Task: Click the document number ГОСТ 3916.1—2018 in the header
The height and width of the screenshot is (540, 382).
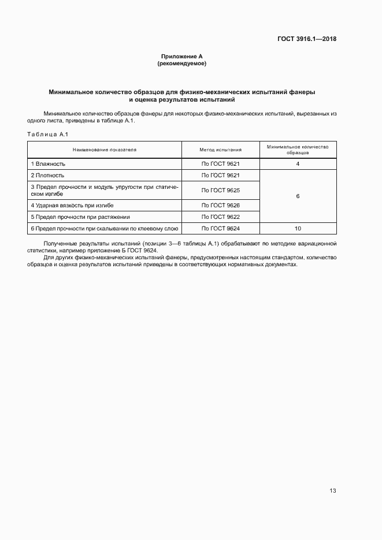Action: (307, 39)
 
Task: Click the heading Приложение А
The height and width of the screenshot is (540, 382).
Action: (181, 56)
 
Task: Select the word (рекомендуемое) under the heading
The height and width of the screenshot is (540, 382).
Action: (181, 64)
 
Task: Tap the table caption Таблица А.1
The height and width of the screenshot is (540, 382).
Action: (48, 135)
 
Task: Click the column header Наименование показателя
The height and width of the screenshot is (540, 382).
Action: (105, 150)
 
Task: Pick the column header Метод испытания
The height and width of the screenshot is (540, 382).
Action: (220, 150)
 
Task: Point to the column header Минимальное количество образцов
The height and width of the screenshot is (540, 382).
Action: (298, 150)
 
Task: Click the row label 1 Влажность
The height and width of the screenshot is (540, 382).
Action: (48, 164)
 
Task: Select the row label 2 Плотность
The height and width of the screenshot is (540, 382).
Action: (48, 175)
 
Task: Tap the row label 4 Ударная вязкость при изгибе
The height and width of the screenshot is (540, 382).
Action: (72, 206)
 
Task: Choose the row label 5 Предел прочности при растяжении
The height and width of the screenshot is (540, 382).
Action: (80, 217)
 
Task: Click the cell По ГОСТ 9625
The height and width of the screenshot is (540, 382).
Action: (220, 190)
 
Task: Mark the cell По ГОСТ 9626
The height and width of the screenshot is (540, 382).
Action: (220, 206)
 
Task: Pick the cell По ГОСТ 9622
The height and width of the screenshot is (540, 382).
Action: (220, 217)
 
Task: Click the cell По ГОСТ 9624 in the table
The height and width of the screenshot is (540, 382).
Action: (220, 229)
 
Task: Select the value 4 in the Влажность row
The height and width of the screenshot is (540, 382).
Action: (298, 164)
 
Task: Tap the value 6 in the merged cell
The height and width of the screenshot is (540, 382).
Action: (298, 196)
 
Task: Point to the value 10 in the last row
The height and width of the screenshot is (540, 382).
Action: (298, 229)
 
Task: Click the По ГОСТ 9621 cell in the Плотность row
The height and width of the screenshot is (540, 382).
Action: (220, 175)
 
